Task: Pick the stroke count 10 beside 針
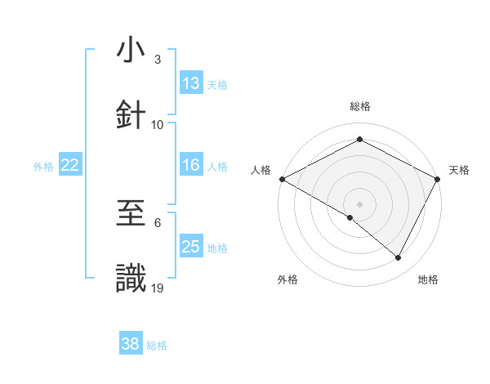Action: [158, 124]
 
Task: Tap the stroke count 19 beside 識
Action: [158, 288]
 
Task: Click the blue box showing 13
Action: [191, 83]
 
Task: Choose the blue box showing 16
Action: [191, 165]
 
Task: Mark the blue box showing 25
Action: [191, 247]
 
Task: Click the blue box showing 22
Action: [69, 165]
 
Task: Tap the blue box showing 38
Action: [131, 344]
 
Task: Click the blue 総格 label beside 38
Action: [157, 346]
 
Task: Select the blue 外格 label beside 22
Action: [43, 167]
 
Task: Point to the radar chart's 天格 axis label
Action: [459, 170]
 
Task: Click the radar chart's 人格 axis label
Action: [261, 170]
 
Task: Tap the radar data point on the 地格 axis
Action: [399, 258]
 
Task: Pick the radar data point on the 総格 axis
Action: [359, 139]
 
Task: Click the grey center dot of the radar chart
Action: [359, 203]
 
